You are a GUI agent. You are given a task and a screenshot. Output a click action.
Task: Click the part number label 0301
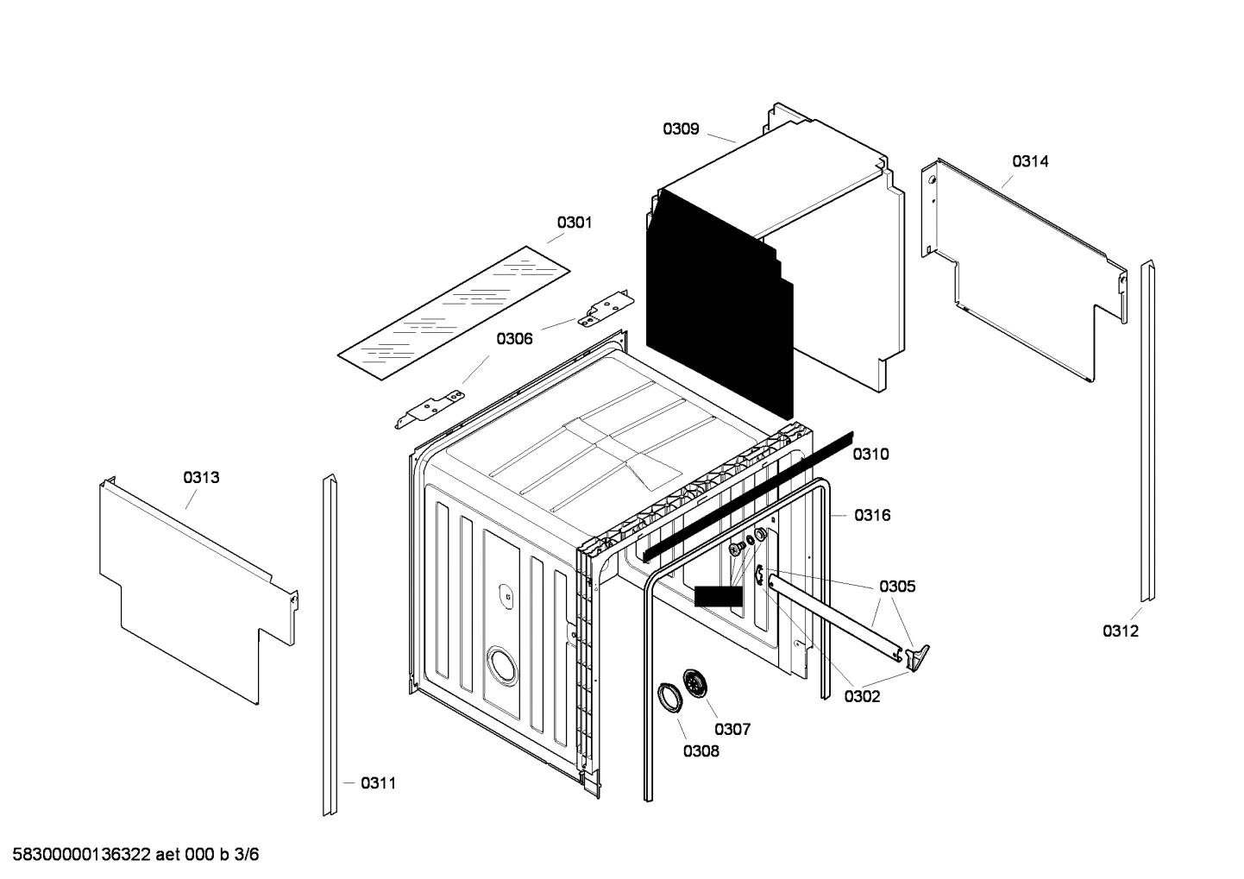[x=574, y=223]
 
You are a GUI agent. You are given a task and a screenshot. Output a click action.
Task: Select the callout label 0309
[x=681, y=129]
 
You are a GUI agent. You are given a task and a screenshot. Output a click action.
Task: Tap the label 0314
[x=1030, y=161]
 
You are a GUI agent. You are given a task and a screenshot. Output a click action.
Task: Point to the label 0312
[x=1120, y=631]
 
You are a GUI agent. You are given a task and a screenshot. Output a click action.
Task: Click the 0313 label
[x=201, y=477]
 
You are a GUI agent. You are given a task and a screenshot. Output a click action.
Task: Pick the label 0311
[x=378, y=783]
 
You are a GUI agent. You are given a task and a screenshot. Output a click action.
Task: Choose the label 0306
[x=514, y=339]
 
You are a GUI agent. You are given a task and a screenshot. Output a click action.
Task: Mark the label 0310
[x=870, y=454]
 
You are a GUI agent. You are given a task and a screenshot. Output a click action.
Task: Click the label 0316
[x=872, y=515]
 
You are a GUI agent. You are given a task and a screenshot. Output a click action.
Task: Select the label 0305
[x=897, y=587]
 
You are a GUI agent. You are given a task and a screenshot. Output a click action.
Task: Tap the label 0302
[x=862, y=696]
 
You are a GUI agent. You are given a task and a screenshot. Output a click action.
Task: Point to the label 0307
[x=732, y=729]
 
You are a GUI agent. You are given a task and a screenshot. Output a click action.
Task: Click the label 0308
[x=701, y=750]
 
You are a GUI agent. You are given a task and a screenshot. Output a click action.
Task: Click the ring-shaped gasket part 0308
[x=668, y=696]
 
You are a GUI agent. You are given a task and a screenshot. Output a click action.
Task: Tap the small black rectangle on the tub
[x=718, y=596]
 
